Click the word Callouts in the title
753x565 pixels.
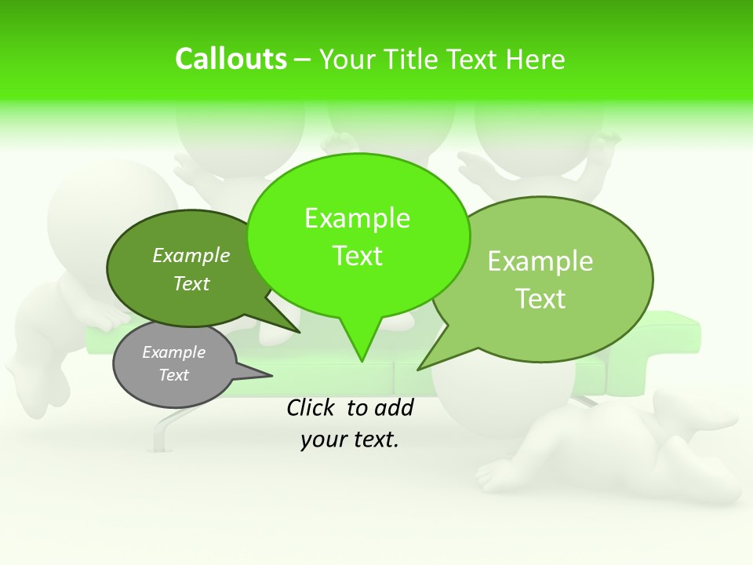coord(231,59)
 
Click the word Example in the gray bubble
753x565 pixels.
coord(173,352)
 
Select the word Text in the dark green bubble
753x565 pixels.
coord(191,283)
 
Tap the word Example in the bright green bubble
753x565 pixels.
coord(357,218)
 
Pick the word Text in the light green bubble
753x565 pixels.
coord(540,299)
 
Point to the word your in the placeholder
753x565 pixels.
coord(322,439)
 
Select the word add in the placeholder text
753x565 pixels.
coord(394,407)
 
